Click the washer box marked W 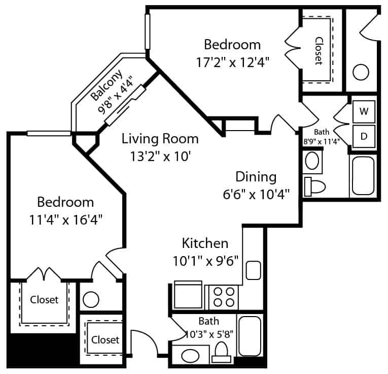(364, 111)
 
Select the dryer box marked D (364, 136)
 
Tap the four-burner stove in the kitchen (224, 297)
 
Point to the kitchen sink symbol (254, 270)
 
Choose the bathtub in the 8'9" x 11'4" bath (363, 176)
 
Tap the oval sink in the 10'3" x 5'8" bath (190, 356)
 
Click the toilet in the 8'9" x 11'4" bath (314, 186)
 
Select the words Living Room (160, 139)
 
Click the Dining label (256, 177)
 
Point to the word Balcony (107, 85)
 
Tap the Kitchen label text (205, 243)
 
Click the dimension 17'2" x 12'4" (232, 62)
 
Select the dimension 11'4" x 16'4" (65, 220)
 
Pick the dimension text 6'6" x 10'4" (256, 194)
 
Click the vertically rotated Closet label (319, 51)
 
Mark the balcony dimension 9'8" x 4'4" (115, 95)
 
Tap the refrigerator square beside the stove (188, 295)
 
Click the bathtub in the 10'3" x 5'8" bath (250, 336)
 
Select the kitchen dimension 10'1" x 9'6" (205, 261)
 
